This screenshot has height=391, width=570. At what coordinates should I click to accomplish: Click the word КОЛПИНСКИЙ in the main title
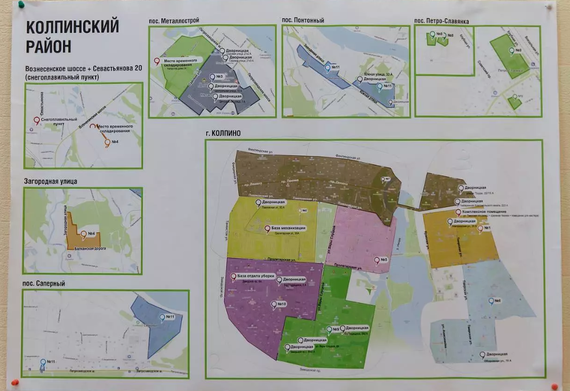tap(72, 27)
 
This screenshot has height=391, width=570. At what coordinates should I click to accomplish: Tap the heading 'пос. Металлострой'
tap(174, 20)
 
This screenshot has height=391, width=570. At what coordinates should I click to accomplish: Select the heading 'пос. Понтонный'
tap(303, 20)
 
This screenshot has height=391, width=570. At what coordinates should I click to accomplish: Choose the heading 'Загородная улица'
tap(50, 181)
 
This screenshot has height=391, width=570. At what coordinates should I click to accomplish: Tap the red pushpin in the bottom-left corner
tap(17, 382)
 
